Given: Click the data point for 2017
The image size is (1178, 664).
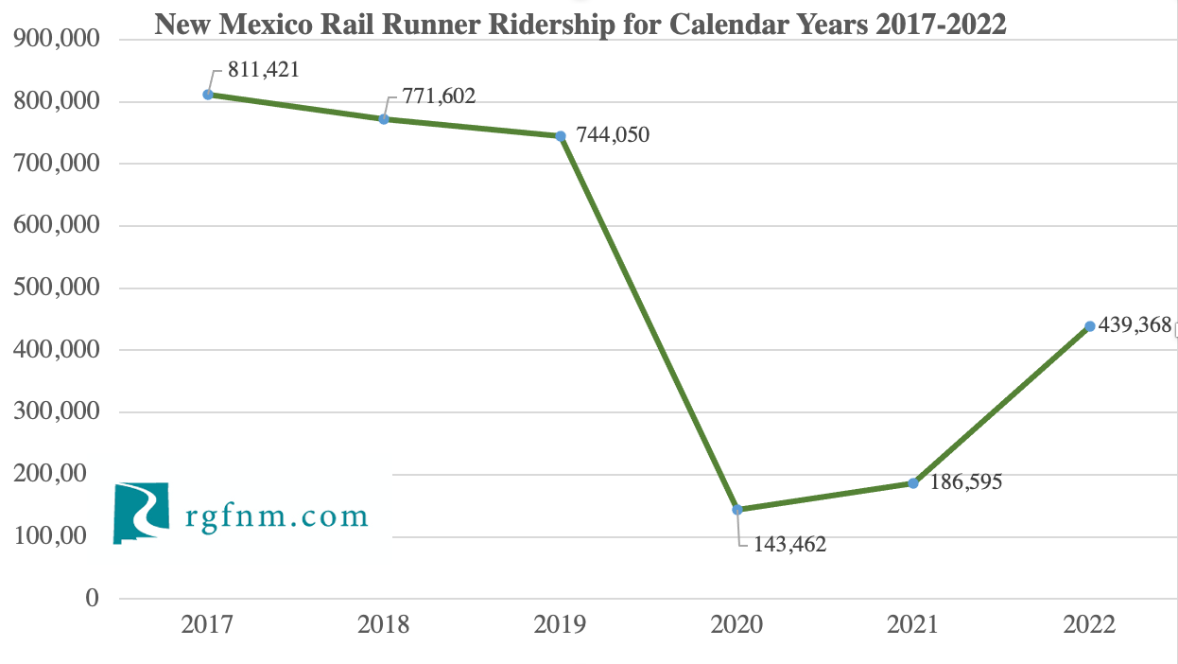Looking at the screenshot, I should pyautogui.click(x=208, y=95).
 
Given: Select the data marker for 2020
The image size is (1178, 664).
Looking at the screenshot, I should pyautogui.click(x=737, y=510).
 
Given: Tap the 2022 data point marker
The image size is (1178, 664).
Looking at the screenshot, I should pyautogui.click(x=1090, y=326).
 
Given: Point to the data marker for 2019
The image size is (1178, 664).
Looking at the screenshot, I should pyautogui.click(x=561, y=136).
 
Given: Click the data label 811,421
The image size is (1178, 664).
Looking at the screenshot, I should pyautogui.click(x=264, y=70).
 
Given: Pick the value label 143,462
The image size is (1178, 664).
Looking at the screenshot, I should pyautogui.click(x=790, y=545).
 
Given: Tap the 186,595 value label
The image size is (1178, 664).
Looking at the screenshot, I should pyautogui.click(x=966, y=481).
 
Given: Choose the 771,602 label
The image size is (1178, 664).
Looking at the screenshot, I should pyautogui.click(x=441, y=96).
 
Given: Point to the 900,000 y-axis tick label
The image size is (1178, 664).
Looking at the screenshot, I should pyautogui.click(x=59, y=40).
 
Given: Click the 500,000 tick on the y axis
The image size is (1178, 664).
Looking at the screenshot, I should pyautogui.click(x=59, y=288).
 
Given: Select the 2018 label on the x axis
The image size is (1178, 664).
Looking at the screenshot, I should pyautogui.click(x=384, y=625).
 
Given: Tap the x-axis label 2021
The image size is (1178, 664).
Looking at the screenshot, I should pyautogui.click(x=913, y=625).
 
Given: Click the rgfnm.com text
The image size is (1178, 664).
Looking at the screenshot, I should pyautogui.click(x=276, y=516).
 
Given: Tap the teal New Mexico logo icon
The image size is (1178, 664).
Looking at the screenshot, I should pyautogui.click(x=141, y=513).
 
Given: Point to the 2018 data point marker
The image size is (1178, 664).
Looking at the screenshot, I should pyautogui.click(x=384, y=119).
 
